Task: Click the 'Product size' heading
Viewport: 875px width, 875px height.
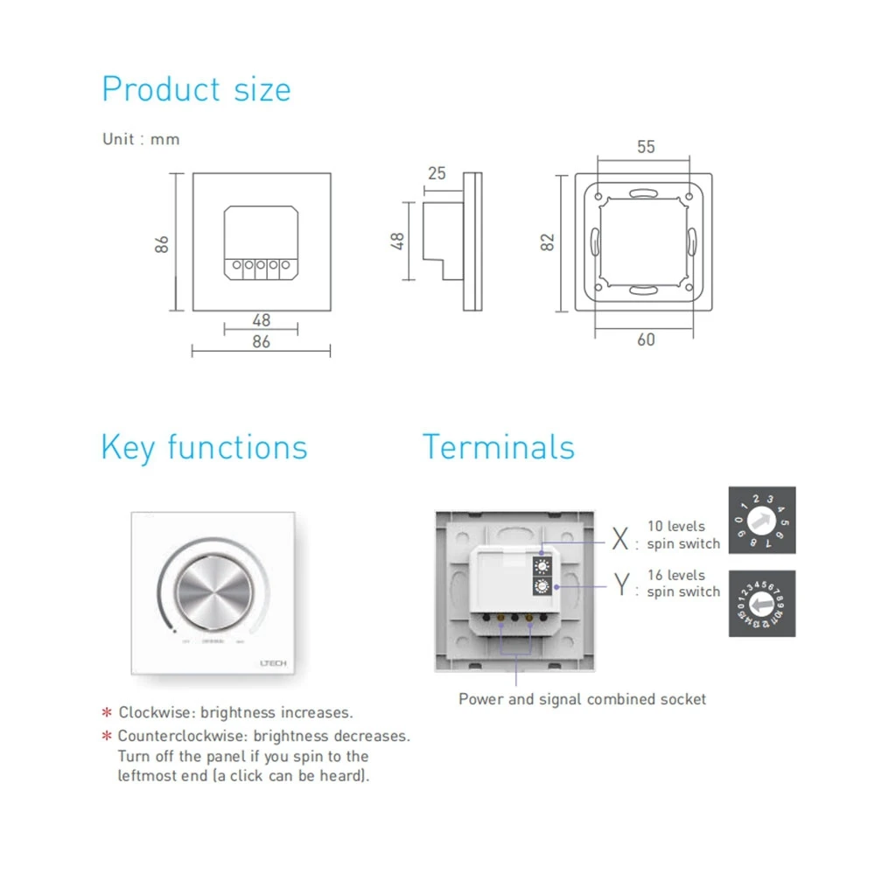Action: (x=196, y=90)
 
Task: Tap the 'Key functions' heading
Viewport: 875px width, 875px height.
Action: (x=204, y=447)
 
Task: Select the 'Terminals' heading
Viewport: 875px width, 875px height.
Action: (x=499, y=447)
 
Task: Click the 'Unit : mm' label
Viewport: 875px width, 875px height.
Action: (x=141, y=139)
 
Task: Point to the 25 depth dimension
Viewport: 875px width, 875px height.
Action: (x=436, y=173)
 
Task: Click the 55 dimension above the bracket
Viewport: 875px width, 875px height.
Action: (x=646, y=147)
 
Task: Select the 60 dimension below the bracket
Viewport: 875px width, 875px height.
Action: (x=646, y=339)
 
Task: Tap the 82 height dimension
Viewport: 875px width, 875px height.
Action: (x=549, y=241)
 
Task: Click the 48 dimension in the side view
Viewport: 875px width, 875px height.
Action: (x=398, y=241)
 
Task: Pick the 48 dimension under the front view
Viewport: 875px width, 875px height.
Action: (x=261, y=320)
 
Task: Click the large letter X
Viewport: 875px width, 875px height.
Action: (x=620, y=539)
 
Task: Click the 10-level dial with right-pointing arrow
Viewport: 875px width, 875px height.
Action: (x=762, y=520)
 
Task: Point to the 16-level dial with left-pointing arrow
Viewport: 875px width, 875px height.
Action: (x=762, y=604)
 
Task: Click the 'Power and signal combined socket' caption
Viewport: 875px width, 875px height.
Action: (x=582, y=699)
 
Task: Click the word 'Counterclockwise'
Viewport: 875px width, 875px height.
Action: (x=178, y=737)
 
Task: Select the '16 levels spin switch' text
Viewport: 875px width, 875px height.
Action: (x=683, y=584)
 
